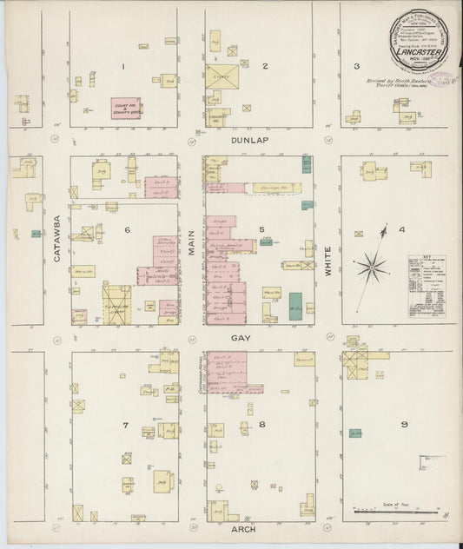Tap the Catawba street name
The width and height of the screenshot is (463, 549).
pos(57,240)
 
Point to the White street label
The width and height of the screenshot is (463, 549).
pos(329,258)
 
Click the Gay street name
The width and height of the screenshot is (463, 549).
pos(240,336)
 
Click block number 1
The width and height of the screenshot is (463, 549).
pos(124,65)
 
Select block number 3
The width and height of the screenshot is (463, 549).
pos(356,65)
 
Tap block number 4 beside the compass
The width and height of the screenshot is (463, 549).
pos(401,230)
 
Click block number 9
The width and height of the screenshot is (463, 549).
pos(404,425)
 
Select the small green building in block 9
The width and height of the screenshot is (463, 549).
pos(355,433)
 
